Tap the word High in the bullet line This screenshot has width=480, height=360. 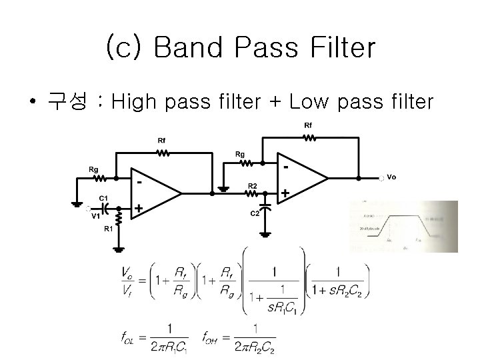133,103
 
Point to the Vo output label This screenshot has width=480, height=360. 391,177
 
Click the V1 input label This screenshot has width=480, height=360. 95,215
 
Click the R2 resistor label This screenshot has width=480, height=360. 253,185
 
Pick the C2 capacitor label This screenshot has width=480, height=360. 255,213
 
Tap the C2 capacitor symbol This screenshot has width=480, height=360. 266,207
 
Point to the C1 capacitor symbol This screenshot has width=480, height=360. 103,205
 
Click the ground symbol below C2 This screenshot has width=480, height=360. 266,233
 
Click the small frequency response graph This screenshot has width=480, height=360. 403,227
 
